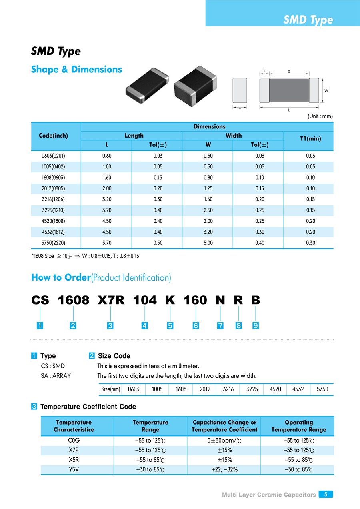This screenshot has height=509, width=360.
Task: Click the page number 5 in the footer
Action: pyautogui.click(x=326, y=494)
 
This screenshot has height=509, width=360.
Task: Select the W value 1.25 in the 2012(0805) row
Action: pyautogui.click(x=208, y=188)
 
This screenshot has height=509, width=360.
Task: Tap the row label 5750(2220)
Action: pyautogui.click(x=56, y=243)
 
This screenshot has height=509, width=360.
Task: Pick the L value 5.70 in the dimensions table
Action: pyautogui.click(x=106, y=243)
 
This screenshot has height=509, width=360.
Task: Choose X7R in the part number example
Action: pyautogui.click(x=111, y=300)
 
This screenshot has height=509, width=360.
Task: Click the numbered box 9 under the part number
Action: pyautogui.click(x=255, y=326)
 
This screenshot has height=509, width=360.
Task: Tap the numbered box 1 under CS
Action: pyautogui.click(x=40, y=326)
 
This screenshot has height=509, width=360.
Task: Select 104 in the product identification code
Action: pyautogui.click(x=145, y=300)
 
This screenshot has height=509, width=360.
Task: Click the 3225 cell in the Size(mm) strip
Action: pyautogui.click(x=252, y=389)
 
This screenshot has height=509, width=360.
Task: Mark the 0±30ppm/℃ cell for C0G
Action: pyautogui.click(x=224, y=441)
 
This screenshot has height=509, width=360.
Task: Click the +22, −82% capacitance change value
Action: pyautogui.click(x=224, y=469)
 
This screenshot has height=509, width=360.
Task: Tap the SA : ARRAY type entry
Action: pyautogui.click(x=56, y=376)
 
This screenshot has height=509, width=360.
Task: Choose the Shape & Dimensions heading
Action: pyautogui.click(x=76, y=69)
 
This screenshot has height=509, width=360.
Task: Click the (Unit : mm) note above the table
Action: pyautogui.click(x=320, y=116)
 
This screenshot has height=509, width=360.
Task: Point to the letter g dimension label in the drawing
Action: pyautogui.click(x=289, y=71)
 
